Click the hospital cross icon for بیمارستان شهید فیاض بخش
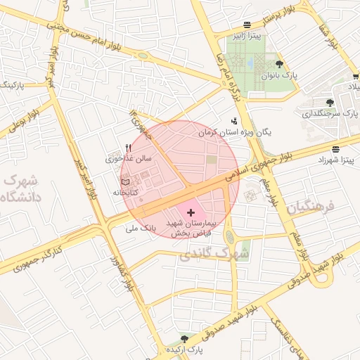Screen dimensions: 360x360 pyautogui.click(x=191, y=212)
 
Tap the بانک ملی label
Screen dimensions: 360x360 pyautogui.click(x=139, y=229)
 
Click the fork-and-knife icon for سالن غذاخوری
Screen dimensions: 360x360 pyautogui.click(x=128, y=148)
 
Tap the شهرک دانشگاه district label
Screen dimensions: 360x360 pyautogui.click(x=22, y=188)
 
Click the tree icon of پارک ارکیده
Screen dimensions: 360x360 pyautogui.click(x=185, y=339)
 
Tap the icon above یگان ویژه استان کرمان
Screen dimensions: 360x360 pyautogui.click(x=234, y=121)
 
